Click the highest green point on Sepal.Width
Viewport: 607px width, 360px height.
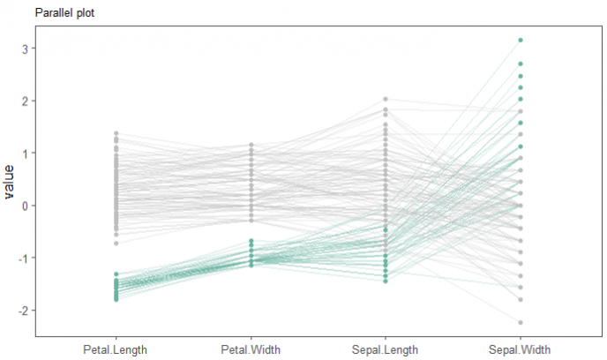click(521, 40)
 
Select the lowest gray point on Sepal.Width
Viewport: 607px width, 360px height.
click(521, 322)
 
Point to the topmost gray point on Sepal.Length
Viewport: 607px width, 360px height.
click(386, 100)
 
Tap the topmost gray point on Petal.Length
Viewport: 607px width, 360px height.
click(116, 133)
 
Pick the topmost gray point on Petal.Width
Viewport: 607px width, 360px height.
click(251, 145)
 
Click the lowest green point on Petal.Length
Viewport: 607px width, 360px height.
click(116, 300)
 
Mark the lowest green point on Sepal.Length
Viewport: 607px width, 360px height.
click(386, 281)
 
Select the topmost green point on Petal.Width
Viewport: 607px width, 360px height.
click(251, 241)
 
